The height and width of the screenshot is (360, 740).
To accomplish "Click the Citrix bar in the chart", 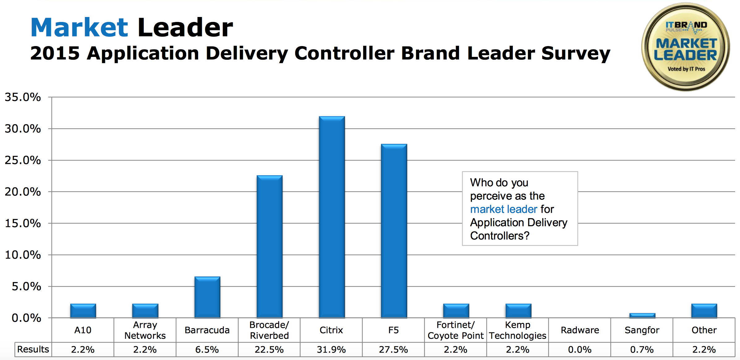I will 332,216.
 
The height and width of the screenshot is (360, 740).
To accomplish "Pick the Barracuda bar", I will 207,297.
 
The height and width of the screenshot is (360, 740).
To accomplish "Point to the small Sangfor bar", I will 642,315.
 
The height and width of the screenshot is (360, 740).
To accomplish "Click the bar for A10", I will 83,311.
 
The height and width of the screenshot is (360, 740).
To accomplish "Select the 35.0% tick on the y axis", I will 23,97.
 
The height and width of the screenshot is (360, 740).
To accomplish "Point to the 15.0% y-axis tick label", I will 23,223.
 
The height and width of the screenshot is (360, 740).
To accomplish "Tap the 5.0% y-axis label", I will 26,286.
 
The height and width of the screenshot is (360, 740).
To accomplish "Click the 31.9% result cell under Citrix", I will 331,349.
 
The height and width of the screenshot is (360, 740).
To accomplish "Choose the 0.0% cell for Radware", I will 580,349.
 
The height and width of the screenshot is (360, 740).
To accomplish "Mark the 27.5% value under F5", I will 393,349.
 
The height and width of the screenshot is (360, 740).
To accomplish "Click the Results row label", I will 33,349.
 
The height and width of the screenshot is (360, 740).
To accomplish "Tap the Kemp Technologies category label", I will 518,330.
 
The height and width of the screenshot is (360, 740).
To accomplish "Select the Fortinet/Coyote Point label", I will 456,330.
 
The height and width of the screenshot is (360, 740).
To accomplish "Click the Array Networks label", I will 145,330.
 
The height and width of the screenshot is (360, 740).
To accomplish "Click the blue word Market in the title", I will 79,28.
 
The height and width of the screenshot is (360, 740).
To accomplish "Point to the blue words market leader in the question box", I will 504,209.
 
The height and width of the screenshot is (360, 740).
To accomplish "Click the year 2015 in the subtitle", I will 55,53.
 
